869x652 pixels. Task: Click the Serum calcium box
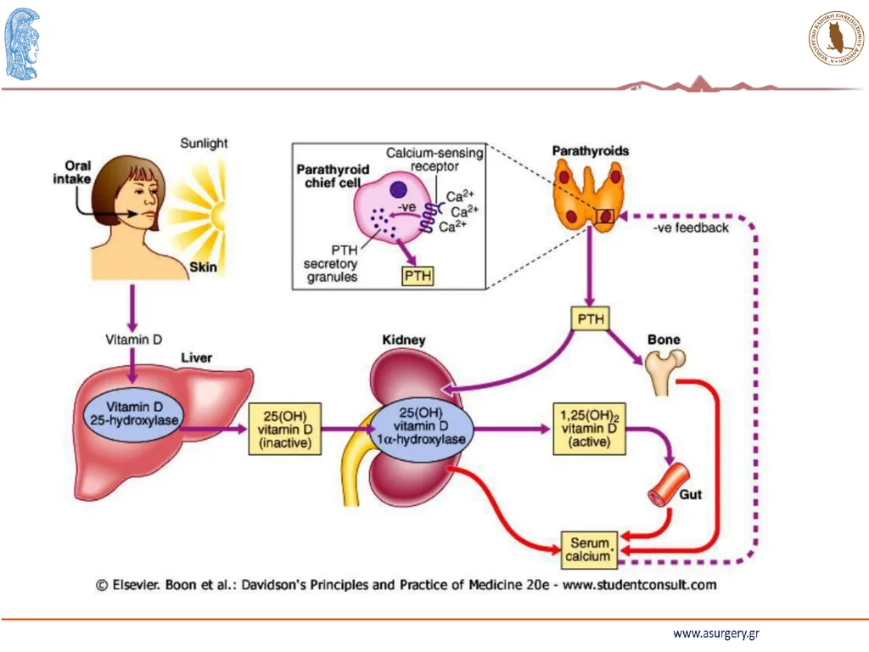click(590, 550)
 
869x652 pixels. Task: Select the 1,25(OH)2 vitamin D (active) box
click(590, 429)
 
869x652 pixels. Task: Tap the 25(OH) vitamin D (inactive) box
click(285, 429)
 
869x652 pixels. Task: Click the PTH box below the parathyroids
click(591, 319)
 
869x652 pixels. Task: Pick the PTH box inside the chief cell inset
click(418, 276)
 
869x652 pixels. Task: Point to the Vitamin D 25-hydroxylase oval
click(134, 414)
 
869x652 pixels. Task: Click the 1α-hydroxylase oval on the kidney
click(422, 426)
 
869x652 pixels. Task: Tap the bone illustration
click(665, 370)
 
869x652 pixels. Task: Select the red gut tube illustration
click(669, 484)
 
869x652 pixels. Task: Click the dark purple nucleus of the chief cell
click(399, 189)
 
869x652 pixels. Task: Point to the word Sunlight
click(204, 143)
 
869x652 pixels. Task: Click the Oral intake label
click(73, 172)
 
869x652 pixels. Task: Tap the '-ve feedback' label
click(691, 228)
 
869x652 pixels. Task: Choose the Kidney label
click(404, 340)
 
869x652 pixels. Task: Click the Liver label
click(197, 357)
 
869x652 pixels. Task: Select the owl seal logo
click(836, 37)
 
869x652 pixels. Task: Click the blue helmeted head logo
click(22, 44)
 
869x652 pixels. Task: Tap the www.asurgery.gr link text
click(716, 633)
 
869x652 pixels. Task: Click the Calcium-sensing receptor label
click(434, 159)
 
